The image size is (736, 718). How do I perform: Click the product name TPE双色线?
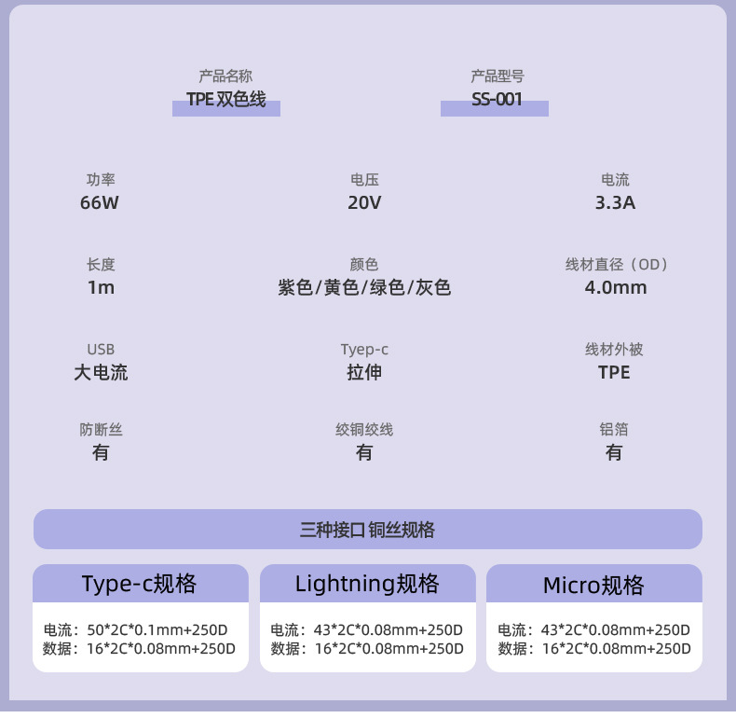226,100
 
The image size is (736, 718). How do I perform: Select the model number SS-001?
496,100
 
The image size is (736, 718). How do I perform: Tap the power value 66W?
100,203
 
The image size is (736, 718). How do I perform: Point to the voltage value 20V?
364,203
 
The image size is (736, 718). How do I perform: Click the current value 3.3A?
615,203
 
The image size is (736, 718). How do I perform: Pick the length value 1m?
101,288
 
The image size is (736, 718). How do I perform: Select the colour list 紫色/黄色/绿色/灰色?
364,288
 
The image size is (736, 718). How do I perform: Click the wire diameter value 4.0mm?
615,288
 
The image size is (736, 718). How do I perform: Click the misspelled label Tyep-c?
364,350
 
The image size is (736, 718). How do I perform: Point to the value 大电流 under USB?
101,373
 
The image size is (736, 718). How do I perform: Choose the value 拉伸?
364,373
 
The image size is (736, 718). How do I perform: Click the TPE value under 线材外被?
614,373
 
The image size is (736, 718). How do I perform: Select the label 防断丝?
101,430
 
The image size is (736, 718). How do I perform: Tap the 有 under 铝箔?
614,453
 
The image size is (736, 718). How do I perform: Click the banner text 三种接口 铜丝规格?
367,530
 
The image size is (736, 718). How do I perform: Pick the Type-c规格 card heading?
139,585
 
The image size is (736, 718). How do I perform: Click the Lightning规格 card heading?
366,585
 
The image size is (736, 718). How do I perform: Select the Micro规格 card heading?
593,586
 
